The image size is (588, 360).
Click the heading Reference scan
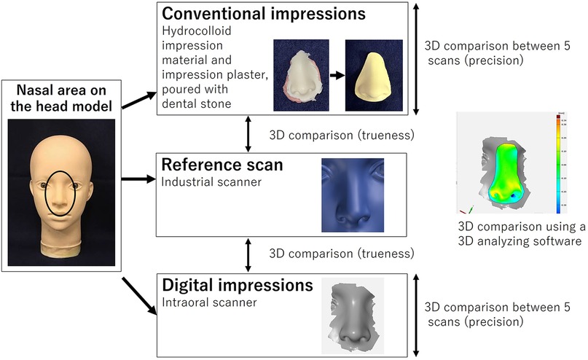pos(222,165)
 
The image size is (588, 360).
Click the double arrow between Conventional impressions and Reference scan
pos(249,133)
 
